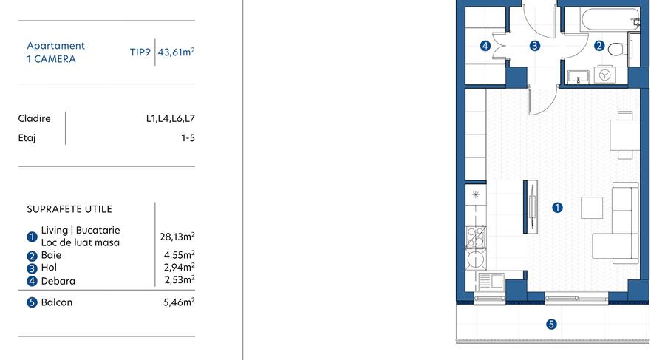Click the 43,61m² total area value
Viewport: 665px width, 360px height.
click(x=177, y=52)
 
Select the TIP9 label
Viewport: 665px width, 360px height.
click(x=140, y=52)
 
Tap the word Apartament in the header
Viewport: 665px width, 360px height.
click(x=55, y=46)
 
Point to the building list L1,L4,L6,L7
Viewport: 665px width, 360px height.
click(x=170, y=118)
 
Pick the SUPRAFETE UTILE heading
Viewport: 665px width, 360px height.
click(x=69, y=209)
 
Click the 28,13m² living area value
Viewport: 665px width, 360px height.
click(x=177, y=237)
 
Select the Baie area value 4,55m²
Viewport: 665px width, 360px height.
click(x=179, y=255)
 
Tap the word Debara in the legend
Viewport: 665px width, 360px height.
click(x=58, y=281)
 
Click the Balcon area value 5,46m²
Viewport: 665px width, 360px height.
click(x=179, y=302)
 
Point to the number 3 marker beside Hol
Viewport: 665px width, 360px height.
click(x=32, y=268)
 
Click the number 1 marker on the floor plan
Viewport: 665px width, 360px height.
click(x=558, y=208)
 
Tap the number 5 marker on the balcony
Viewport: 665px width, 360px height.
click(x=550, y=324)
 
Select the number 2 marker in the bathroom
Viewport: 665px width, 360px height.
click(x=599, y=46)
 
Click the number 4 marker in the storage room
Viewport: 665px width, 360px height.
click(x=485, y=46)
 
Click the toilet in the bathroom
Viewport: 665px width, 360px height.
click(x=619, y=48)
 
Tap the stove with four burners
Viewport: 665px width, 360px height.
click(x=476, y=236)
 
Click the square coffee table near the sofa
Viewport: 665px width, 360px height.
click(x=592, y=208)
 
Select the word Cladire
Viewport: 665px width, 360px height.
click(x=34, y=118)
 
